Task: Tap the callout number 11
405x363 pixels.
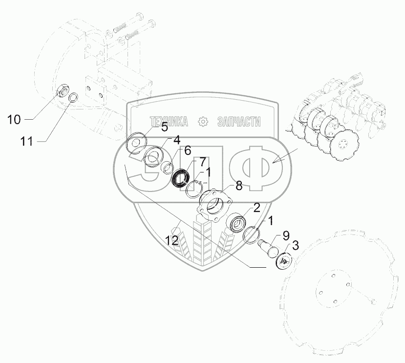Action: tap(26, 142)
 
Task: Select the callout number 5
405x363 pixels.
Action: tap(165, 128)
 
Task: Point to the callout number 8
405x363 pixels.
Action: tap(239, 186)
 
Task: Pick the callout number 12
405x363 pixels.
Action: tap(171, 240)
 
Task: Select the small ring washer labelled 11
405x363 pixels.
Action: tap(73, 98)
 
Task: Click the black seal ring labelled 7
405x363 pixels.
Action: tap(184, 177)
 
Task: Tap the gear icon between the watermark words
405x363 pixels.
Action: tap(202, 122)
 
